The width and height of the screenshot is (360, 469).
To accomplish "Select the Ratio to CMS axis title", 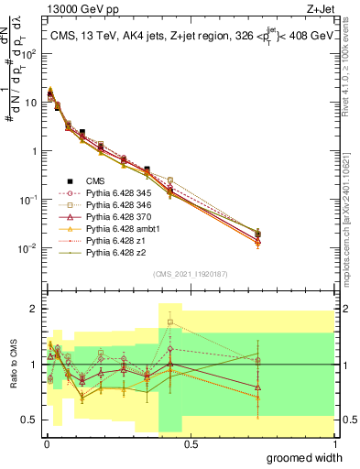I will click(12, 365).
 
